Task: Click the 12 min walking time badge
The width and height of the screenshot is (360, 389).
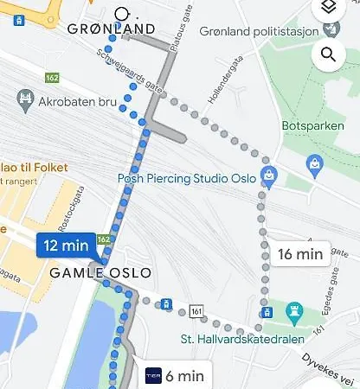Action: pyautogui.click(x=65, y=246)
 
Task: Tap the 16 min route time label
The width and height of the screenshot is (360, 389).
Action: pyautogui.click(x=297, y=253)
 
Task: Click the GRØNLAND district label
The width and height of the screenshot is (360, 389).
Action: pyautogui.click(x=112, y=29)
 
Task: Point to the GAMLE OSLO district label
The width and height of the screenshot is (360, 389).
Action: pyautogui.click(x=101, y=272)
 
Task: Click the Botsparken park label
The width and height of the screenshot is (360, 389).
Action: pyautogui.click(x=307, y=125)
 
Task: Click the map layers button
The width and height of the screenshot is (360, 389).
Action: pyautogui.click(x=328, y=8)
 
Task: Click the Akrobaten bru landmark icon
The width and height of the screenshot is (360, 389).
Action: pyautogui.click(x=24, y=100)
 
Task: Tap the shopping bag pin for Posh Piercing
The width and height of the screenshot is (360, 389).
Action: pyautogui.click(x=269, y=175)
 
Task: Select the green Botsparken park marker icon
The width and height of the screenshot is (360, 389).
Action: pyautogui.click(x=316, y=160)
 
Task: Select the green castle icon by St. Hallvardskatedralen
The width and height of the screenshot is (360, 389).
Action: pyautogui.click(x=294, y=309)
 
